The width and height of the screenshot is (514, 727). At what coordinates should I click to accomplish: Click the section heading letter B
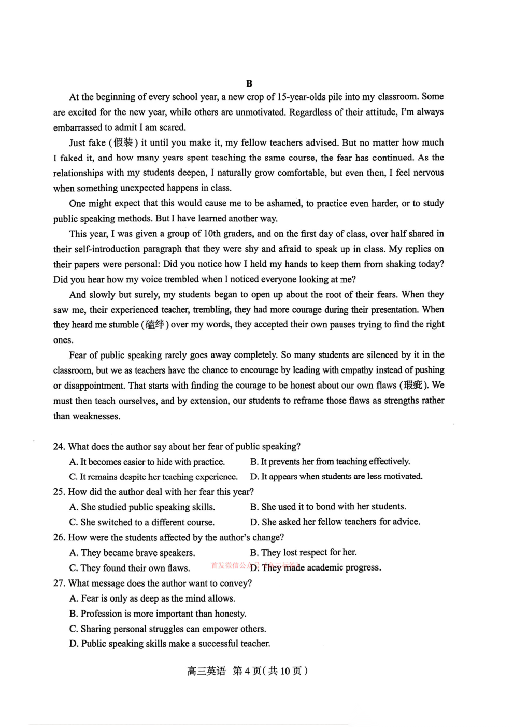249,83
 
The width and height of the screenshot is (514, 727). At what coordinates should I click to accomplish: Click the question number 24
59,447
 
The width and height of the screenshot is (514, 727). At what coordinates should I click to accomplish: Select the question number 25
59,492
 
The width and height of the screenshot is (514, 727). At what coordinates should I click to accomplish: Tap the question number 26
59,537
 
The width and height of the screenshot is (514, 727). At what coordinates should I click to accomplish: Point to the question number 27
59,583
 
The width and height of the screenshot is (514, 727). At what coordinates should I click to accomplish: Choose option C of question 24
153,477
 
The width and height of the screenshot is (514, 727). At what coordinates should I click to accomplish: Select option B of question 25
328,507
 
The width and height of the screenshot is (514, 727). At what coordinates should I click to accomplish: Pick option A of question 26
132,553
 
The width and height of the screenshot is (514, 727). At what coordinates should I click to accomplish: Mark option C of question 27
168,629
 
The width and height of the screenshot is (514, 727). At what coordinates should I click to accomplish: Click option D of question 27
170,644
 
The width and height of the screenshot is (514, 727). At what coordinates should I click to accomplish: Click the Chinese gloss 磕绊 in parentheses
154,325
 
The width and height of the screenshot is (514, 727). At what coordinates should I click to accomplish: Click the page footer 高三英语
206,671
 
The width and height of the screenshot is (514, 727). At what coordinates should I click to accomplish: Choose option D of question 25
335,522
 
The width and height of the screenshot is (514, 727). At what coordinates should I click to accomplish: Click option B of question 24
330,461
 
